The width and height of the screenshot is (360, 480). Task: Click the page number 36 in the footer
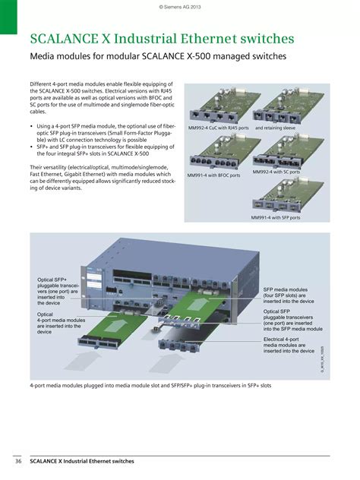(17, 461)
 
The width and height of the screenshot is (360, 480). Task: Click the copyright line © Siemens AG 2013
(179, 7)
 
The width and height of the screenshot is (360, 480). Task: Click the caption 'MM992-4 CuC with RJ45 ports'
(219, 128)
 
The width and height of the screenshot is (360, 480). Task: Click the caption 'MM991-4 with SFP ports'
(276, 217)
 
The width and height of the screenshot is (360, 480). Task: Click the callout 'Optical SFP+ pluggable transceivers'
(58, 291)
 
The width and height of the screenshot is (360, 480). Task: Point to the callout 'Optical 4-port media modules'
(61, 322)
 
